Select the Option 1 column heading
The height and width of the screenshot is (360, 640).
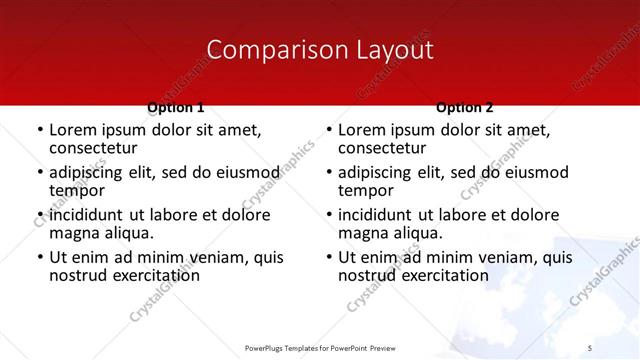click(x=176, y=107)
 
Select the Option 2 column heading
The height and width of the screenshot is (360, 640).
click(x=465, y=107)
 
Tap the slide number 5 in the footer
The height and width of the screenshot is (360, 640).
click(x=590, y=347)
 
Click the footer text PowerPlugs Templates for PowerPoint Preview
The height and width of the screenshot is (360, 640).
click(x=320, y=347)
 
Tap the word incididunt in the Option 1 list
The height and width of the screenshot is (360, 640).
click(x=87, y=215)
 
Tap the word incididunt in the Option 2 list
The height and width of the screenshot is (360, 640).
click(x=376, y=215)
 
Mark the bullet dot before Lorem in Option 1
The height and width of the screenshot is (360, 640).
click(x=40, y=131)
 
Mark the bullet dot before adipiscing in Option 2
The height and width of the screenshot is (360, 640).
click(x=329, y=173)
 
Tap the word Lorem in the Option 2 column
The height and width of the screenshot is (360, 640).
click(x=361, y=130)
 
